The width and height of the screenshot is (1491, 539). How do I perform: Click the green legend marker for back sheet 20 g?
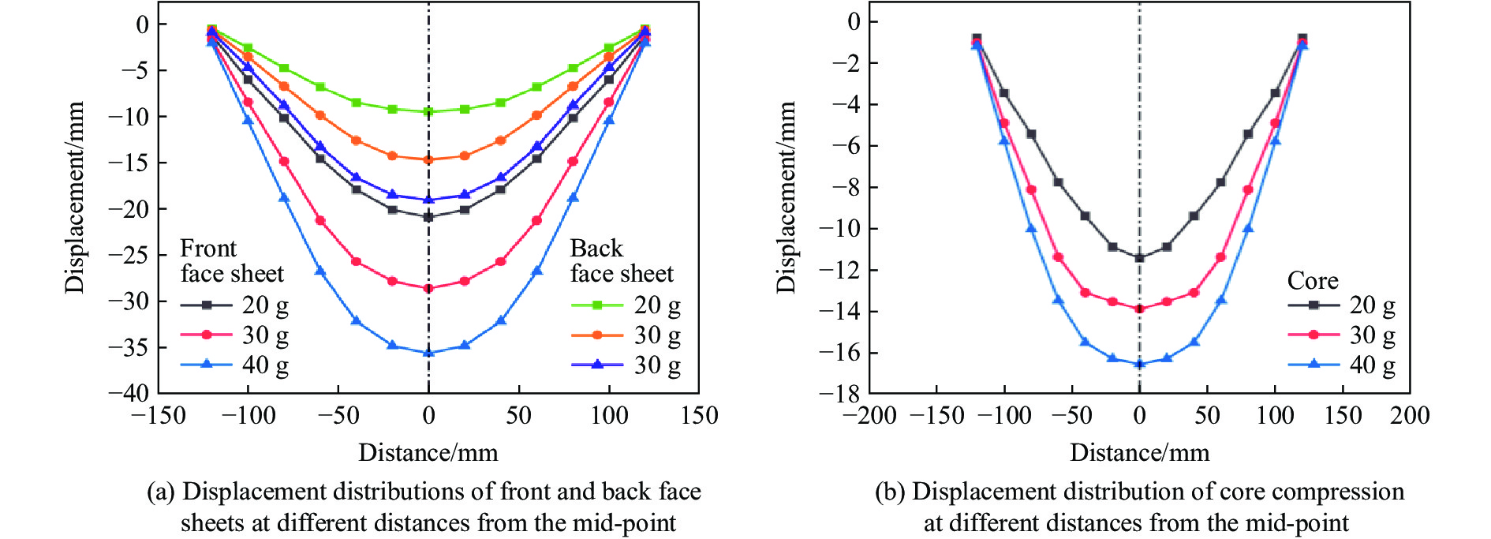[x=597, y=305]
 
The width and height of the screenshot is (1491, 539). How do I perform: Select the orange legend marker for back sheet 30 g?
[x=597, y=335]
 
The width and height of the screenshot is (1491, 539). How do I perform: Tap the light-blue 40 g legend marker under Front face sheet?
[x=206, y=364]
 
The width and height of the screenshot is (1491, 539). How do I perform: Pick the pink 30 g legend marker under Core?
[x=1313, y=335]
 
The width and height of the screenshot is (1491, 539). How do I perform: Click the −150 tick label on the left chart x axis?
[x=158, y=416]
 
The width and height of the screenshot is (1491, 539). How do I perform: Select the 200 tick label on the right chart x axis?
[x=1410, y=416]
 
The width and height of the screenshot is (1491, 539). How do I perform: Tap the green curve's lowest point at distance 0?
[x=428, y=111]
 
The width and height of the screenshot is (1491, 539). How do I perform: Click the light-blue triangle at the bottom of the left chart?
[x=428, y=353]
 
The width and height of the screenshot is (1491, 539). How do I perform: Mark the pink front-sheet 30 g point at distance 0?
[x=428, y=289]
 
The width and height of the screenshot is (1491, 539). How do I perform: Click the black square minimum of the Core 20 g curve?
[x=1139, y=258]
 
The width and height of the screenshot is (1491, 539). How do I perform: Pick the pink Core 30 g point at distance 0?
[x=1139, y=309]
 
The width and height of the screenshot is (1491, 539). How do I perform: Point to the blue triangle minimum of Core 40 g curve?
[x=1139, y=364]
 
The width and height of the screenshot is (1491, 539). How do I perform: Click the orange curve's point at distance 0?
[x=428, y=159]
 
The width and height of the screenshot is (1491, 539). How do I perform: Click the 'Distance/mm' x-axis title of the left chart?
[x=428, y=453]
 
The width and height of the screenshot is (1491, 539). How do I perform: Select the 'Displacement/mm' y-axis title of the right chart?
[x=787, y=197]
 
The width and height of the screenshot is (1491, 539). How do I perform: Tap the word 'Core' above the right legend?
[x=1313, y=281]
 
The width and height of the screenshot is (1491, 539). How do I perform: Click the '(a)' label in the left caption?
[x=161, y=492]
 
